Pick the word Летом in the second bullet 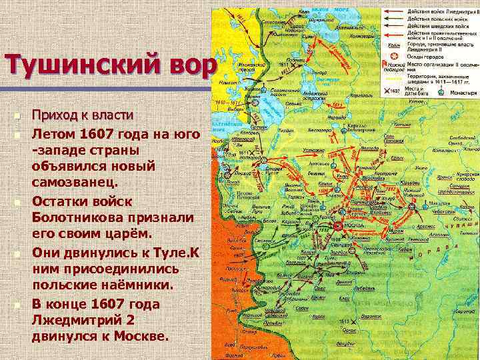tap(53, 134)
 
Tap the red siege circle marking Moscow tap(338, 225)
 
